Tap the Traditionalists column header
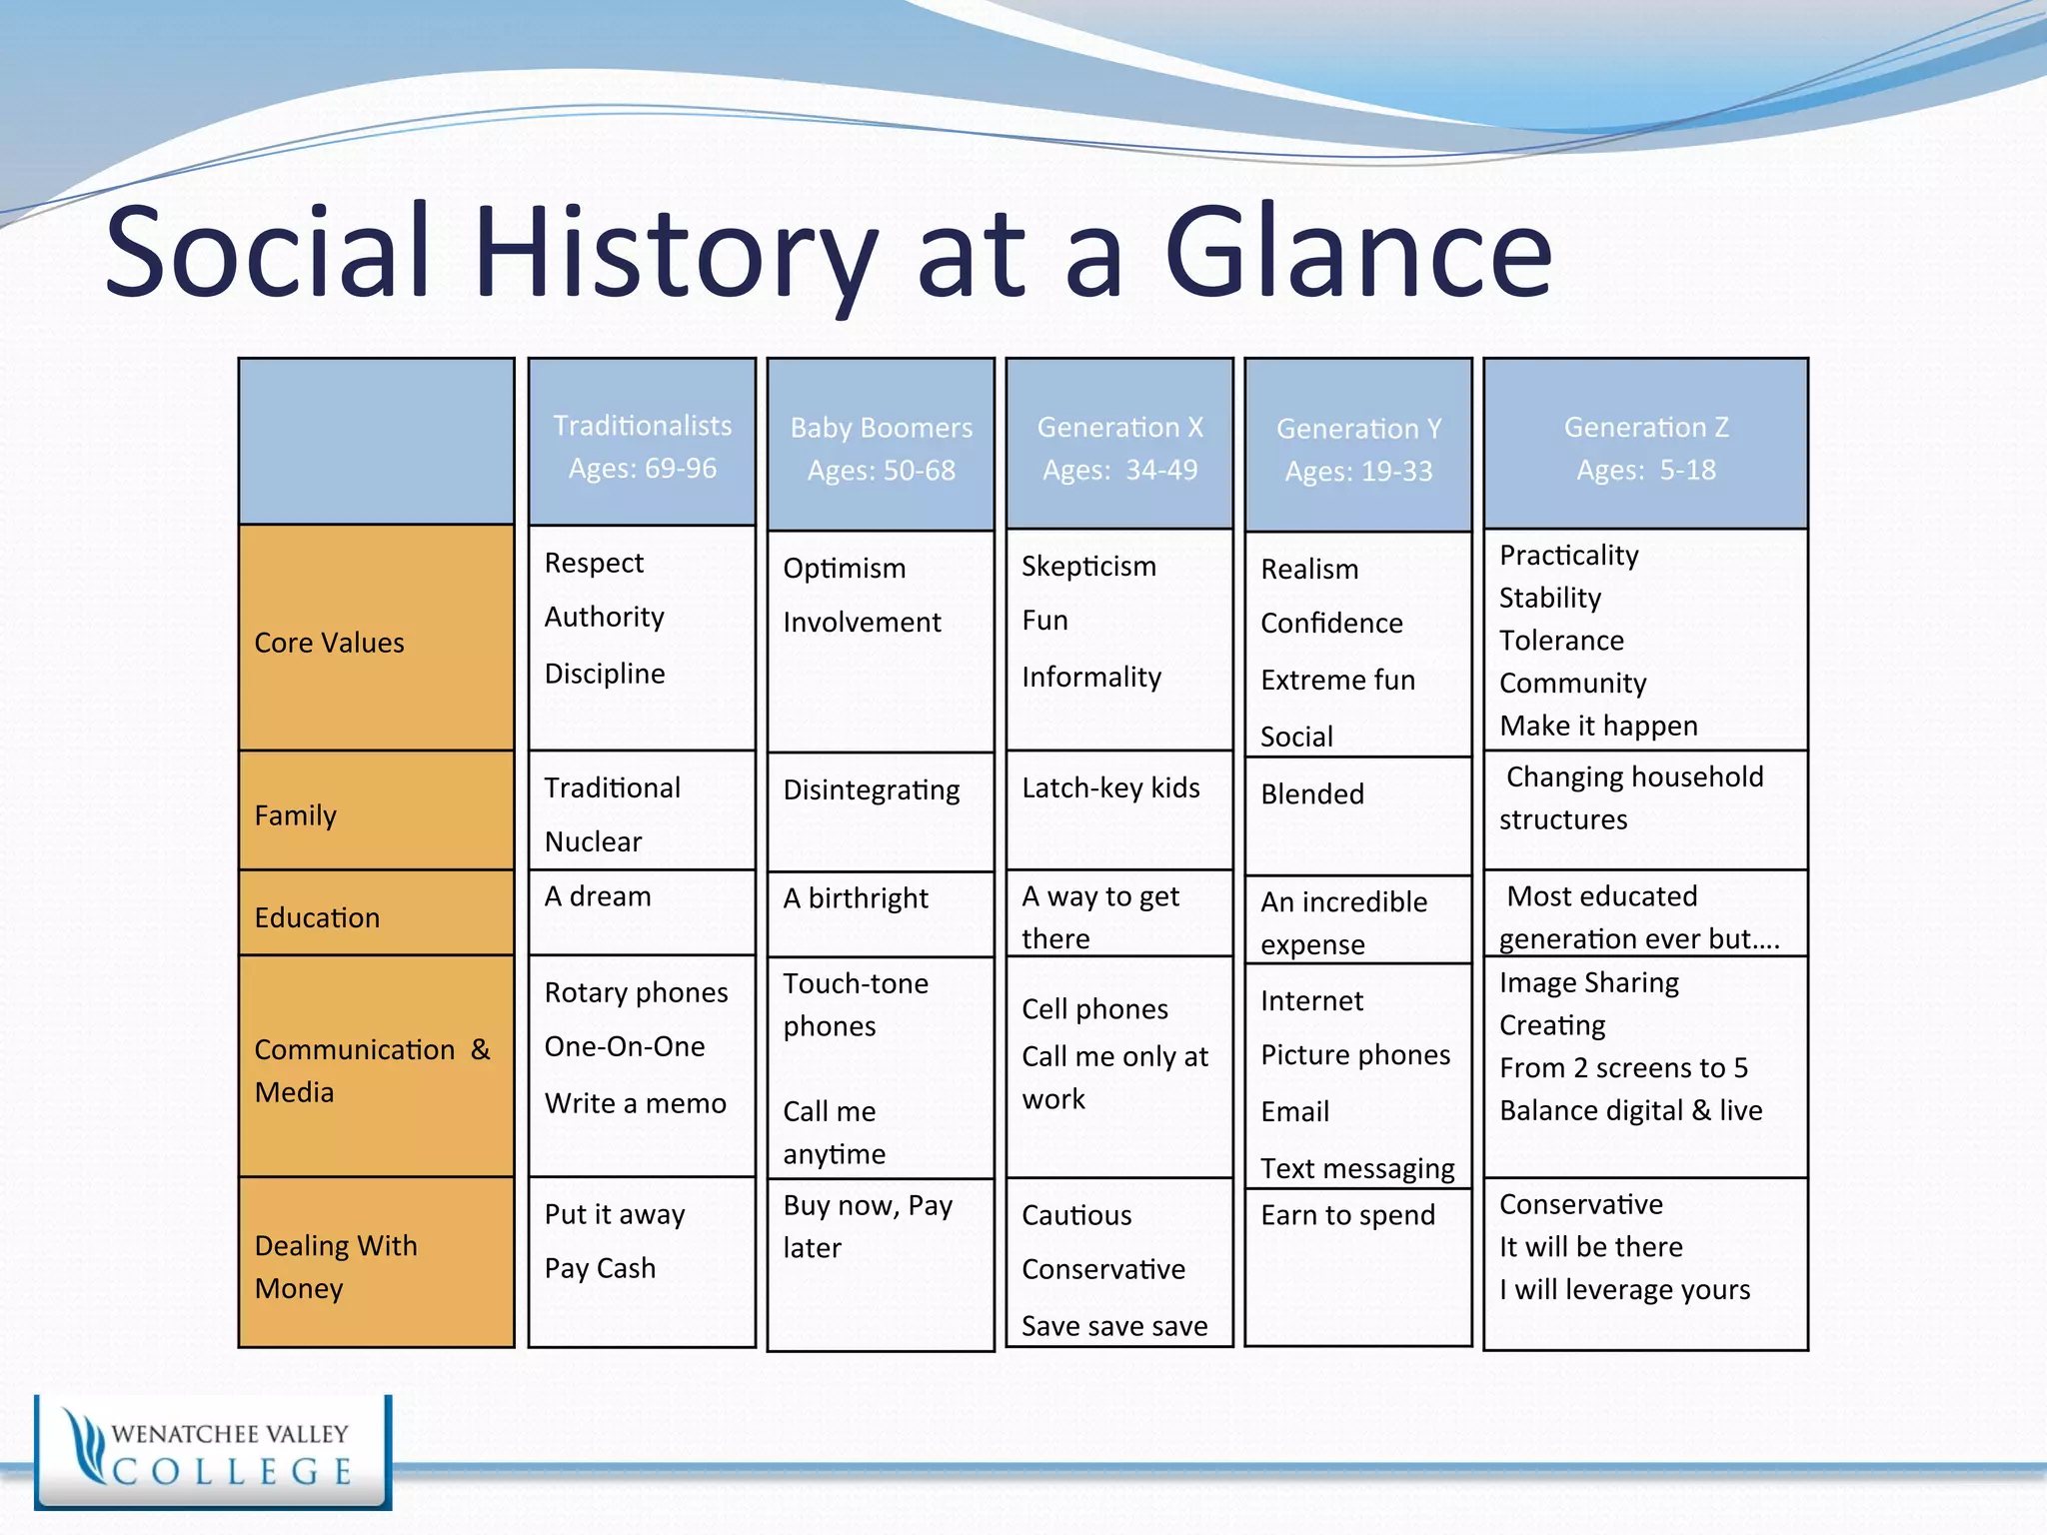point(642,427)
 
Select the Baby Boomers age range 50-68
point(881,471)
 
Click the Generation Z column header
point(1645,428)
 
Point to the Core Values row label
point(329,643)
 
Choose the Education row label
point(317,917)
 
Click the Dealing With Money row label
point(335,1266)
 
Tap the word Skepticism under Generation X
point(1088,567)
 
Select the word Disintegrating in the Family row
point(871,790)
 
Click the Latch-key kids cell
point(1110,788)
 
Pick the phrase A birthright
point(856,898)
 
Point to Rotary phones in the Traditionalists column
point(636,992)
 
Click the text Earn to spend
point(1347,1215)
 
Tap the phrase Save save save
point(1114,1326)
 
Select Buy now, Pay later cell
point(867,1226)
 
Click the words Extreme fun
point(1337,681)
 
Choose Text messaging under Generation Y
point(1356,1168)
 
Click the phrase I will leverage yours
point(1624,1290)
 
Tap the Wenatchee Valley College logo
point(213,1452)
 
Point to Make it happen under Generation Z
point(1598,727)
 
